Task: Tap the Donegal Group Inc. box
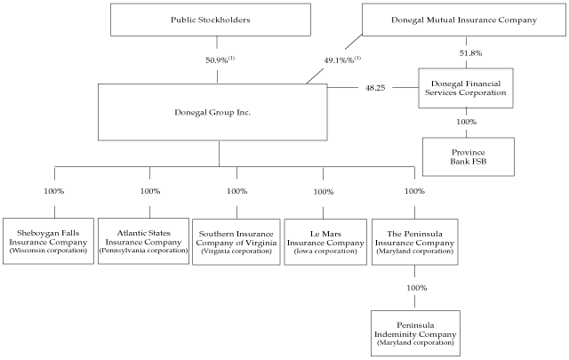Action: [x=218, y=113]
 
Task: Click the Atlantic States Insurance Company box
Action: [x=142, y=241]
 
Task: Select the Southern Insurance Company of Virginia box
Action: [x=237, y=241]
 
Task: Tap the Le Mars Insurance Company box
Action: [x=324, y=241]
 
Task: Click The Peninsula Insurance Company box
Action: [x=413, y=241]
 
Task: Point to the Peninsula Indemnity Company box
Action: [x=415, y=330]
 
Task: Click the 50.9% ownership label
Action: [x=217, y=60]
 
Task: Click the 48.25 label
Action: [x=374, y=88]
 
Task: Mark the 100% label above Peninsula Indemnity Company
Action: [x=415, y=288]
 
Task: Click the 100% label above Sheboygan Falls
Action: [x=54, y=191]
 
